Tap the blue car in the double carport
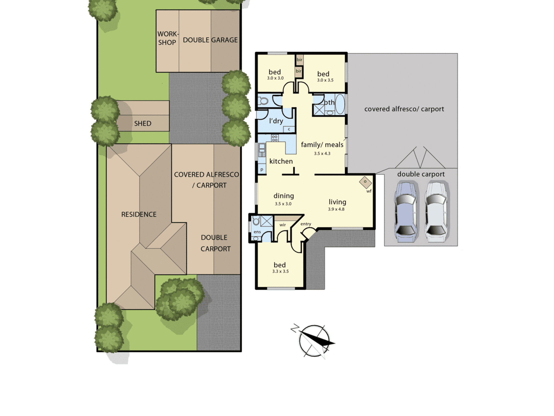tap(406, 212)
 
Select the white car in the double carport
tap(436, 212)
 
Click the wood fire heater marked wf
tap(365, 182)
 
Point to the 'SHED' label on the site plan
tap(143, 123)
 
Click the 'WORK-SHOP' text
tap(168, 38)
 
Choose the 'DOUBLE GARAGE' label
tap(210, 40)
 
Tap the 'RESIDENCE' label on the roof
tap(139, 214)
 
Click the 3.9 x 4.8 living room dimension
tap(336, 209)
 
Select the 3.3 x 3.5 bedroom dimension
tap(280, 271)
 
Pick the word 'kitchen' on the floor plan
tap(281, 161)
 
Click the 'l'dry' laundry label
tap(276, 121)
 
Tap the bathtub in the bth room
tap(340, 104)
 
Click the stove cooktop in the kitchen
tap(275, 138)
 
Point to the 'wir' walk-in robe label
tap(283, 225)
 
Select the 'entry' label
tap(306, 224)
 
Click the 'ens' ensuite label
tap(257, 232)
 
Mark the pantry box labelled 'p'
tap(262, 169)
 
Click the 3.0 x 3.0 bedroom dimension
tap(275, 78)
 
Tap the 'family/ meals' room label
tap(322, 145)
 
